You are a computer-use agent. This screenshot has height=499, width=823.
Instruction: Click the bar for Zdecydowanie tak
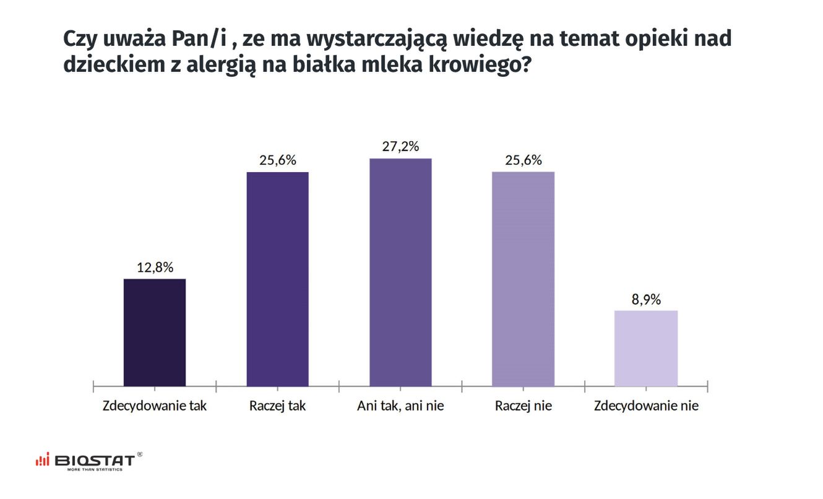(x=155, y=332)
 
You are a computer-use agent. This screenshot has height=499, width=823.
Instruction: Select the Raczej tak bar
(x=277, y=279)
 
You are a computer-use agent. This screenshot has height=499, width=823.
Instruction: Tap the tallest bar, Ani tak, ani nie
(x=400, y=272)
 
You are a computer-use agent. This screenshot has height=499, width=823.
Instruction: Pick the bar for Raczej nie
(x=523, y=279)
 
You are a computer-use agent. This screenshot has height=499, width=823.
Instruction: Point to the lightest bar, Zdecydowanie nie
(x=645, y=348)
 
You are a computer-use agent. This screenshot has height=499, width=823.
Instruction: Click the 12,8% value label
(x=155, y=268)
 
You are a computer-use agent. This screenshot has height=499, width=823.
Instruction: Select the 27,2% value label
(x=400, y=147)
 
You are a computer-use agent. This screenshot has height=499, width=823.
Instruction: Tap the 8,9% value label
(x=646, y=300)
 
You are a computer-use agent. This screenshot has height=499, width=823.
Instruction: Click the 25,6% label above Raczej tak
(x=277, y=160)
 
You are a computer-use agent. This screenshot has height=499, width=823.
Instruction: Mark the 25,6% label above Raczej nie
(x=523, y=160)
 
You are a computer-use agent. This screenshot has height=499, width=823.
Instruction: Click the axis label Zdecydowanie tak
(x=155, y=407)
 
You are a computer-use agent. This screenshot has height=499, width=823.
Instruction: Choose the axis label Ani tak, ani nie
(x=400, y=407)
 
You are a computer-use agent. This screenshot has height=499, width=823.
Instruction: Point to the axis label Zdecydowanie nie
(x=646, y=407)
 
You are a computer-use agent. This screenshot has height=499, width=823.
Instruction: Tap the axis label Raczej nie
(x=523, y=407)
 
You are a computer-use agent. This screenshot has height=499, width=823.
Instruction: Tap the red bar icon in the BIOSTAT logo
(x=42, y=461)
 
